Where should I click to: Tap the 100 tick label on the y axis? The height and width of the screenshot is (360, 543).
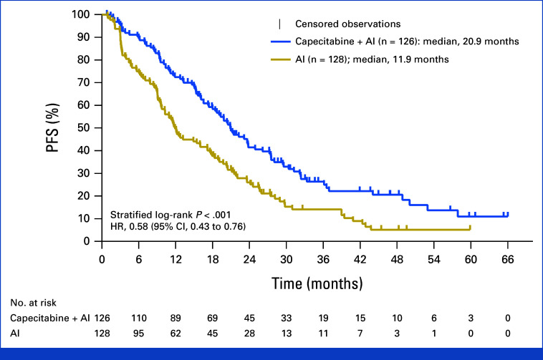click(x=82, y=14)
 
